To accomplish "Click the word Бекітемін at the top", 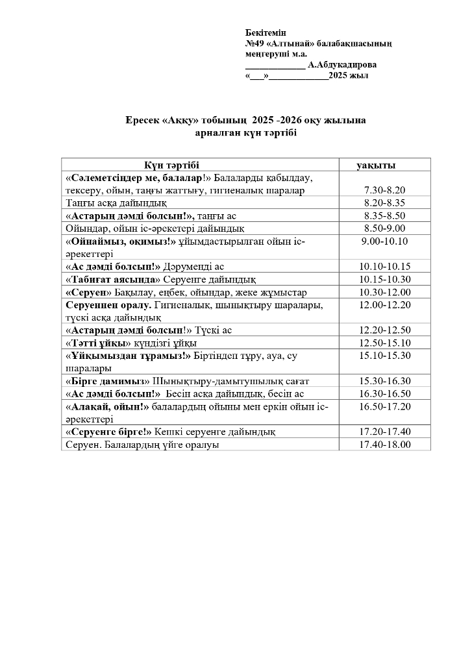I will pos(266,32).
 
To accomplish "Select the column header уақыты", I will pos(377,165).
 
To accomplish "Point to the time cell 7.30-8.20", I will pos(382,190).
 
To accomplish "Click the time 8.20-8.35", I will pos(382,203).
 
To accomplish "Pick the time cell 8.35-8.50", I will pos(382,215).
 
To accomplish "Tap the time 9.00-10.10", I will pos(382,241).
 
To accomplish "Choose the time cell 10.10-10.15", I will pos(382,267).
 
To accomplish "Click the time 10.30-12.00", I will pos(382,292).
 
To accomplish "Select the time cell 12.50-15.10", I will pos(382,343).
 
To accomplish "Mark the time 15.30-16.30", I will pos(382,381).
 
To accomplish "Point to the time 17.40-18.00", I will pos(382,445).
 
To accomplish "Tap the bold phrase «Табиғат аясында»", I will pos(113,280).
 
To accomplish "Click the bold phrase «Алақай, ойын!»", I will pos(108,407).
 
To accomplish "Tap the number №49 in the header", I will pos(254,43).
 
